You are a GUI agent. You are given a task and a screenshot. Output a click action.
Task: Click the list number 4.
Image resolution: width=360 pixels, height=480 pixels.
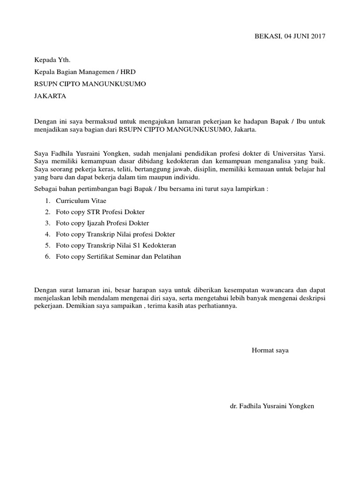tap(47, 234)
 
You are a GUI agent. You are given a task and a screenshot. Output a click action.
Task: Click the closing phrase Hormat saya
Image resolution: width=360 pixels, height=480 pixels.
tap(270, 351)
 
